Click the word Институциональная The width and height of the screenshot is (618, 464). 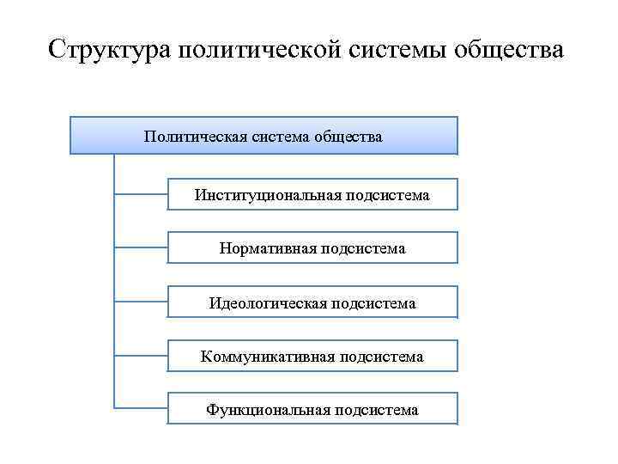269,196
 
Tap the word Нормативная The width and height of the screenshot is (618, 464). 268,249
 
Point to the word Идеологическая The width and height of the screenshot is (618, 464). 268,302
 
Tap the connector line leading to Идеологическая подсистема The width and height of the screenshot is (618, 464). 141,302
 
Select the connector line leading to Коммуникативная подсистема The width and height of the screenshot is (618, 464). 141,356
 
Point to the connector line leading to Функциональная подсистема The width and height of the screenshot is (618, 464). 141,407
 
